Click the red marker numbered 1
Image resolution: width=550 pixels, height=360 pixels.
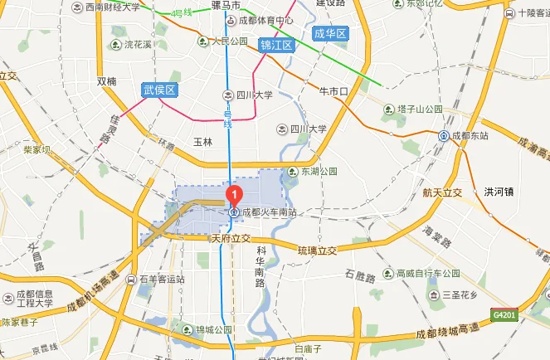coord(234,196)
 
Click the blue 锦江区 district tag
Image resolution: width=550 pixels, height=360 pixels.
coord(277,45)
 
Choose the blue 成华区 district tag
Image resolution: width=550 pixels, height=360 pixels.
coord(329,33)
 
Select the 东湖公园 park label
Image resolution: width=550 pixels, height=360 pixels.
coord(319,172)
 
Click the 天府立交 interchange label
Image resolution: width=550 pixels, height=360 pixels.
coord(231,238)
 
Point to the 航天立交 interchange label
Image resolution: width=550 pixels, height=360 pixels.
coord(440,192)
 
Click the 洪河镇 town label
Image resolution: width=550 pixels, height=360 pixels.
coord(499,192)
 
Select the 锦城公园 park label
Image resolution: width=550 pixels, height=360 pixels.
coord(214,329)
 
